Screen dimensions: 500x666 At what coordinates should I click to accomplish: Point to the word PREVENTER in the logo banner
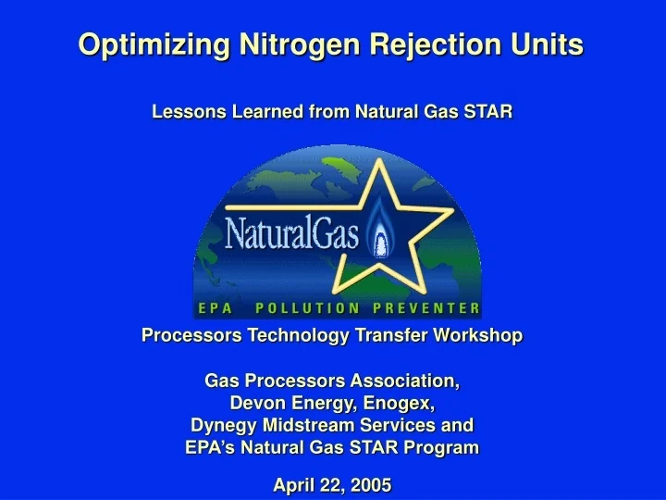click(x=426, y=308)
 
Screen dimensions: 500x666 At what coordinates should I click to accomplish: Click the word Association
click(x=403, y=381)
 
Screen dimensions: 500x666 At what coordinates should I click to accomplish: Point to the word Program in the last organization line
click(x=444, y=447)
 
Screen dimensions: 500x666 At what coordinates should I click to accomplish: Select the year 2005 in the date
click(x=373, y=484)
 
